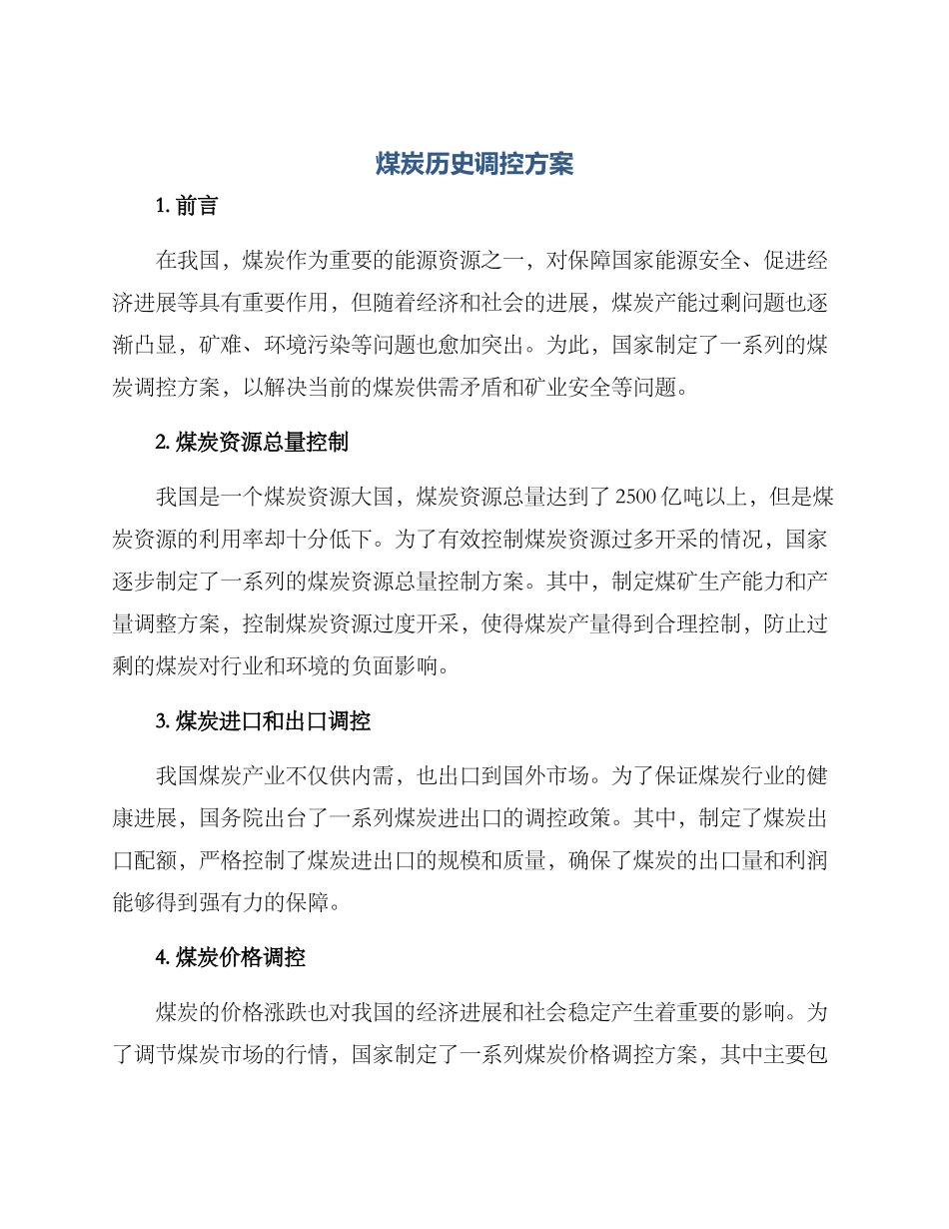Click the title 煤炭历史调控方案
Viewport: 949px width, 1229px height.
(x=474, y=164)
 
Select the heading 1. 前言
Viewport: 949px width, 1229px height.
(x=187, y=207)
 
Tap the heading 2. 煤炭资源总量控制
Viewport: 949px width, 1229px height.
(x=252, y=443)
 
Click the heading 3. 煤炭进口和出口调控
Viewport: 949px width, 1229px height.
(x=263, y=720)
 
